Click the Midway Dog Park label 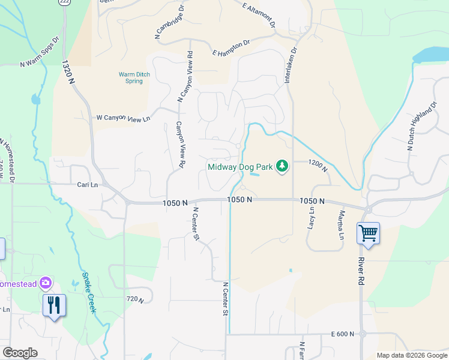240,166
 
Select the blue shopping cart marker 367,232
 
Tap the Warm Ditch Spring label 134,78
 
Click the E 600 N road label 348,334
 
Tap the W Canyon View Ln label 123,118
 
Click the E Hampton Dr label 231,48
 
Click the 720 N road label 135,299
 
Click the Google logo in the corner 20,353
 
